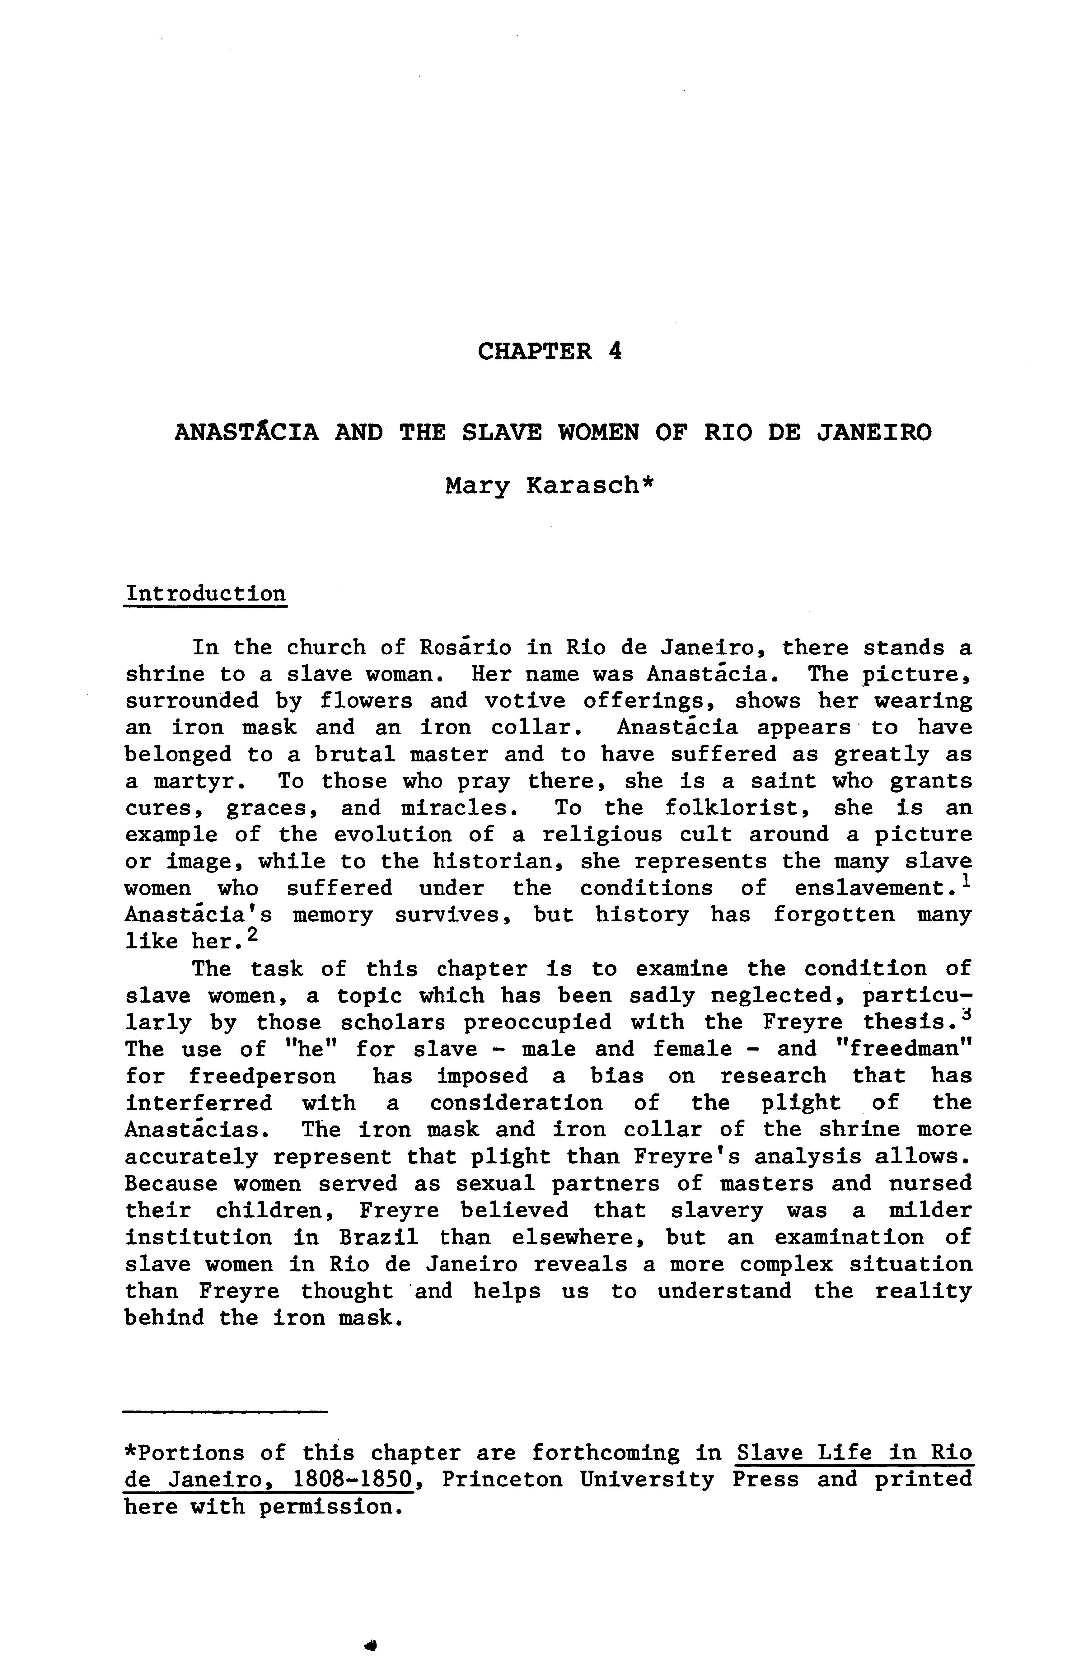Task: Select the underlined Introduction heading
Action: click(205, 594)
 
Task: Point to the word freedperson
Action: click(262, 1076)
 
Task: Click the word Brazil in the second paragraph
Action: click(379, 1237)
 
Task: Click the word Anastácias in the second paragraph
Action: click(195, 1130)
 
